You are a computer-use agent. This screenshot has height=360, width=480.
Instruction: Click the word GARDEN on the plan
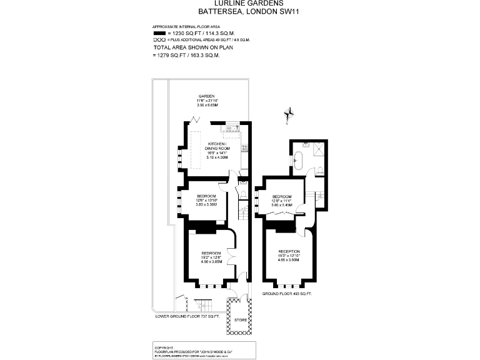click(x=207, y=96)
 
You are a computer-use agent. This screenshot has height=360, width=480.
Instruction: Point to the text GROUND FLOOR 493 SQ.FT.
click(x=287, y=293)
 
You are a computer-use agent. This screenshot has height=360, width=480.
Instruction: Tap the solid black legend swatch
click(x=161, y=33)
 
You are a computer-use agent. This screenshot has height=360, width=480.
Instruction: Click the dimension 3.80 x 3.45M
click(x=282, y=204)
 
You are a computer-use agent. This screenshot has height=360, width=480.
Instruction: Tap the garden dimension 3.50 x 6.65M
click(x=207, y=105)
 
